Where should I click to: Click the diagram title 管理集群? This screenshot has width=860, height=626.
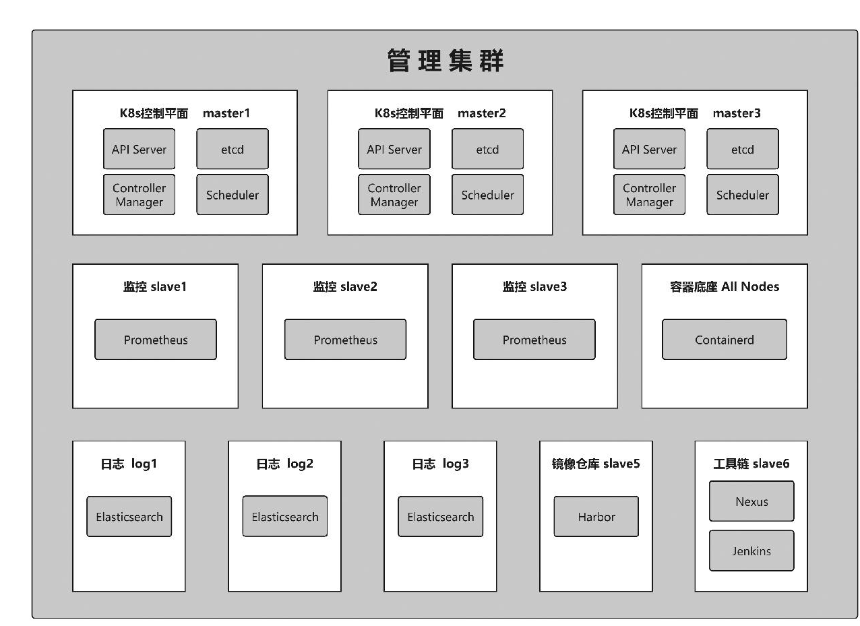446,61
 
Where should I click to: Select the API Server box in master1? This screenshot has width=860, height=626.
139,149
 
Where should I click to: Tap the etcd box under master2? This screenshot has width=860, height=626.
487,149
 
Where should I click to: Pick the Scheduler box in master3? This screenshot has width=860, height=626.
743,195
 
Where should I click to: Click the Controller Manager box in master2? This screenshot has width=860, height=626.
394,195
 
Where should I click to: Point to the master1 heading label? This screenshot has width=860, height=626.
226,113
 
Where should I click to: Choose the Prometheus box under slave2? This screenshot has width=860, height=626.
345,340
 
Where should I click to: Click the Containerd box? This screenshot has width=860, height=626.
725,340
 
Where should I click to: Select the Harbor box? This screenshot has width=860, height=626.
596,517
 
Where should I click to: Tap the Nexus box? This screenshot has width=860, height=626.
751,501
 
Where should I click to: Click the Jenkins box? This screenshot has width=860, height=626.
751,551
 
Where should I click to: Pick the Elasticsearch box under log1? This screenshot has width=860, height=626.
129,517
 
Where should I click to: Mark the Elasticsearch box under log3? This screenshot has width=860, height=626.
440,517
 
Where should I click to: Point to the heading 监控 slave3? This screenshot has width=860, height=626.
534,286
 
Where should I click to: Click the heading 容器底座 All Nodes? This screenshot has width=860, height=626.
725,286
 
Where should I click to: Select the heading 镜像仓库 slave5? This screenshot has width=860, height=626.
596,464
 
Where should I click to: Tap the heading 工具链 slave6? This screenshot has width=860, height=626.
751,464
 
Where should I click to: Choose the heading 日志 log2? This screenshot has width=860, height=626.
284,464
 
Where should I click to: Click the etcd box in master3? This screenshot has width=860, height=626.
743,149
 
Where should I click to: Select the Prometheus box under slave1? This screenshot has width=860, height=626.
156,340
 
